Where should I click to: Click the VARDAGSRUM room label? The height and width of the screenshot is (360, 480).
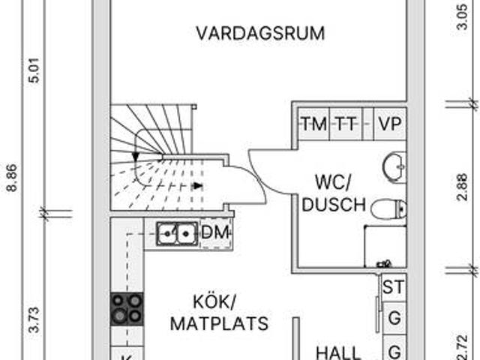pos(260,34)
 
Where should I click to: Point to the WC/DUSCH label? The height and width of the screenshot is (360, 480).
pos(338,193)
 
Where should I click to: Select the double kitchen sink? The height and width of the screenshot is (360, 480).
pos(176,234)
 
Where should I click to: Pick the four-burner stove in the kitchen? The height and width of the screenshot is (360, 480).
pos(127,308)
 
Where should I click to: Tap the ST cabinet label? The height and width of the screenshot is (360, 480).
pos(392,286)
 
